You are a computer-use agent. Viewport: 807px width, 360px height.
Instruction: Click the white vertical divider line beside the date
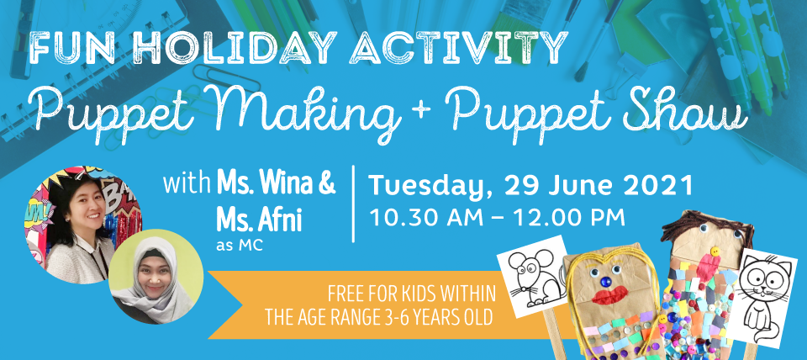[x=353, y=204]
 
